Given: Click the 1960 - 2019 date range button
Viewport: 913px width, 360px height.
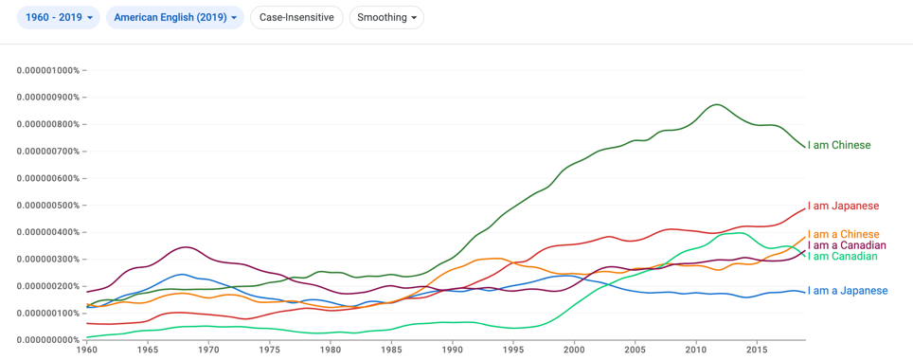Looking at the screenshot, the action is pos(58,17).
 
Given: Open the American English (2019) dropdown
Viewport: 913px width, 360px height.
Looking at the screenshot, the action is pos(174,17).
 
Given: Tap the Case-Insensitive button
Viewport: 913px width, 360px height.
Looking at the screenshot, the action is pos(296,17).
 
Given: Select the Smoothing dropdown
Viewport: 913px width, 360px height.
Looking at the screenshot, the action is pos(386,17).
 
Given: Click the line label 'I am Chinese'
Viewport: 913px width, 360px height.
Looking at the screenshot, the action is pos(839,145).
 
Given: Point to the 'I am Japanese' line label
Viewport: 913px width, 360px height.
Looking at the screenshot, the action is pos(843,206).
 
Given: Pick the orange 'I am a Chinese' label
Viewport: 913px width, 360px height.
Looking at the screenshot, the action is pos(843,234).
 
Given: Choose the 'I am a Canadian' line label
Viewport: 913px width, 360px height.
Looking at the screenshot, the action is pos(847,245).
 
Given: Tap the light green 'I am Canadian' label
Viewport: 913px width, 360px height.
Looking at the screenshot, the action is pos(842,257).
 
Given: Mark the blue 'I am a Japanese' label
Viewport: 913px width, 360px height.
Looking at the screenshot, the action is pos(848,291).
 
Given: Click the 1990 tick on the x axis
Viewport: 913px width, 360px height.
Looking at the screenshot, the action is pos(452,351).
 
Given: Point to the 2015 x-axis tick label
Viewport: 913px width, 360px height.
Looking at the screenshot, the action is pos(756,351).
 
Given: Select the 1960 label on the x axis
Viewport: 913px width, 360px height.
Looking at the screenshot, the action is pos(87,351).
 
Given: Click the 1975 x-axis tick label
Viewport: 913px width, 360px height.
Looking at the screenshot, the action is pos(270,351).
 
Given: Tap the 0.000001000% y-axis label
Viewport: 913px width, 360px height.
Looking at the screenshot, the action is pos(48,70).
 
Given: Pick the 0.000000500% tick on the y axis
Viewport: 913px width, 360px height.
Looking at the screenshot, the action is pos(48,205).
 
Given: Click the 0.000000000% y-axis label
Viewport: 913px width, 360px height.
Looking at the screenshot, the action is pos(48,340).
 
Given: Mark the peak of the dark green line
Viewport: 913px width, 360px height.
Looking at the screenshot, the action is pos(717,105).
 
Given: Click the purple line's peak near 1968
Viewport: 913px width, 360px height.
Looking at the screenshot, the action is pos(186,247).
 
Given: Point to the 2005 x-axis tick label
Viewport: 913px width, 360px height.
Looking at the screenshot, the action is pos(635,351).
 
